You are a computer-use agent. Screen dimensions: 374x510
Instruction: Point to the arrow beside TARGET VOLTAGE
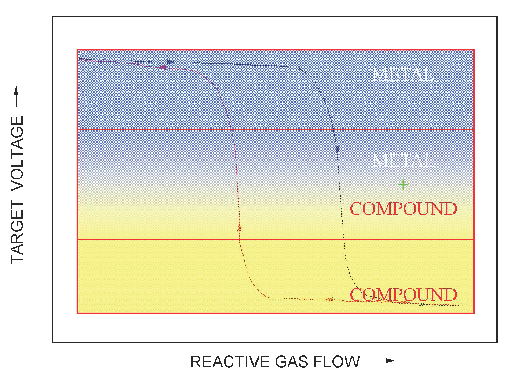click(x=16, y=97)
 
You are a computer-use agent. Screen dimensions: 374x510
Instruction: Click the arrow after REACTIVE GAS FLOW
click(x=383, y=361)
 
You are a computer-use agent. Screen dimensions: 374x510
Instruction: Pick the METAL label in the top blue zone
click(x=403, y=75)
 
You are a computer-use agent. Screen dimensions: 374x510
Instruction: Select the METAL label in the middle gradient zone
click(x=403, y=160)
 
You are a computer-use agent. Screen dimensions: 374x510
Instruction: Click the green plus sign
click(x=403, y=185)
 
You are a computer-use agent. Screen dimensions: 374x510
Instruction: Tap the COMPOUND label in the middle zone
click(x=403, y=209)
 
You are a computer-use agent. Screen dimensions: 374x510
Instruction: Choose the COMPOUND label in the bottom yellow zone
click(x=403, y=295)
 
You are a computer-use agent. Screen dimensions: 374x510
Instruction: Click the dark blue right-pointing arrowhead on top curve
click(x=171, y=62)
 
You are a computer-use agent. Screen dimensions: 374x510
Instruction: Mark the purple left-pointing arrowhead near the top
click(x=162, y=67)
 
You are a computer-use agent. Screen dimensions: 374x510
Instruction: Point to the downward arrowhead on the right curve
click(x=337, y=149)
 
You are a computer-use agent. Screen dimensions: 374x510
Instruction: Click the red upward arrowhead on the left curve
click(x=240, y=226)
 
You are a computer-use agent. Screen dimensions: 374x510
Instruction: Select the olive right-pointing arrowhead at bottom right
click(x=422, y=304)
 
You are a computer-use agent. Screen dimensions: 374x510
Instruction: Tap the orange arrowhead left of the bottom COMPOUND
click(x=329, y=300)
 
